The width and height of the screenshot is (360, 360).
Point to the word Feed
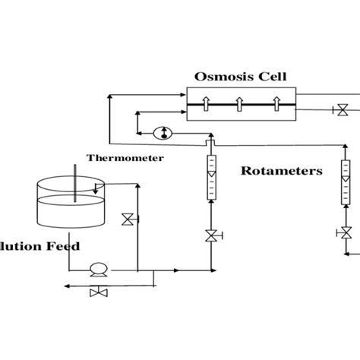62,246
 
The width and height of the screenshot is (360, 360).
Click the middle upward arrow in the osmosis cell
239,104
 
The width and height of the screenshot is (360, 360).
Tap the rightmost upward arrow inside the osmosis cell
274,104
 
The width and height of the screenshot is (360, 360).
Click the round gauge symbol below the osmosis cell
161,133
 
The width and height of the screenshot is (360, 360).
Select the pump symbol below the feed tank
98,269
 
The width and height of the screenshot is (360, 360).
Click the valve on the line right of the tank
128,220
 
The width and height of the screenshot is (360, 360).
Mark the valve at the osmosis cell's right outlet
343,111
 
